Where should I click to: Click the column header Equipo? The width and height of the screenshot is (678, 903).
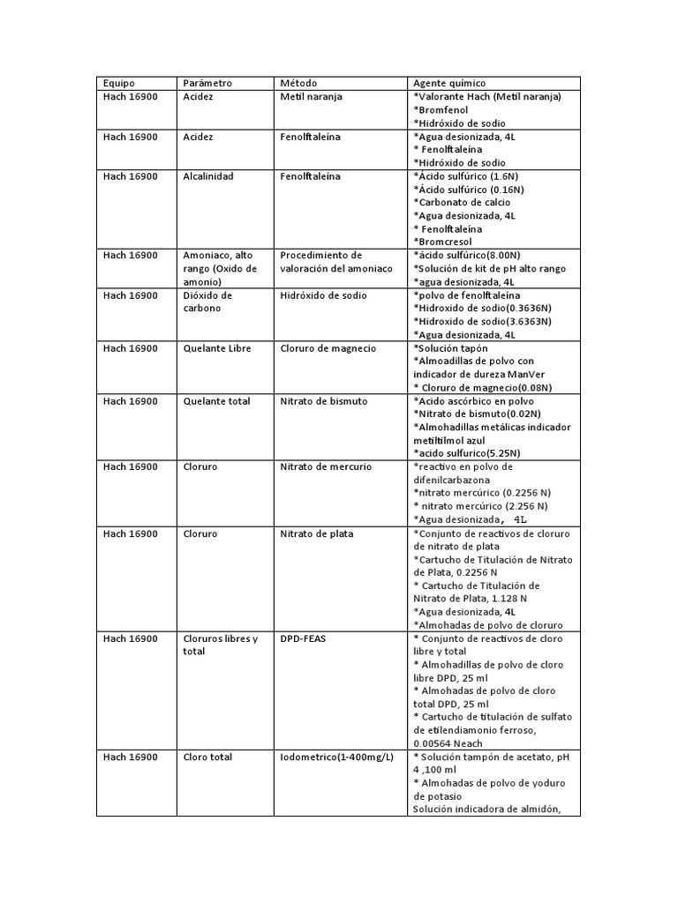coord(119,83)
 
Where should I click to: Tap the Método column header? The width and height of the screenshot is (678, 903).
coord(298,83)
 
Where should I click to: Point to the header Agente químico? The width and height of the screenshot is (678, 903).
coord(448,83)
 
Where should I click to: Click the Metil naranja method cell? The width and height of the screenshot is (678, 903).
coord(311,97)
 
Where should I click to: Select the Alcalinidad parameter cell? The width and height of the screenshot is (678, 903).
coord(207,176)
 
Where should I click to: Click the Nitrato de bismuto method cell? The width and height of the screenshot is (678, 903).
coord(323,401)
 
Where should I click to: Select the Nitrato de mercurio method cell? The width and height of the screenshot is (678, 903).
coord(326,466)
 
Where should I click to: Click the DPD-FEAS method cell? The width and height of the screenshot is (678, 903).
coord(303,638)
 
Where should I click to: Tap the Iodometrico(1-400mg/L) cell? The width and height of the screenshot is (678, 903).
coord(337,757)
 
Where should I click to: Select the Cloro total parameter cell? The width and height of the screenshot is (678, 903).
coord(207,757)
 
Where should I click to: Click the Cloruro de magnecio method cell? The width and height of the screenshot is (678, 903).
coord(328,348)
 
